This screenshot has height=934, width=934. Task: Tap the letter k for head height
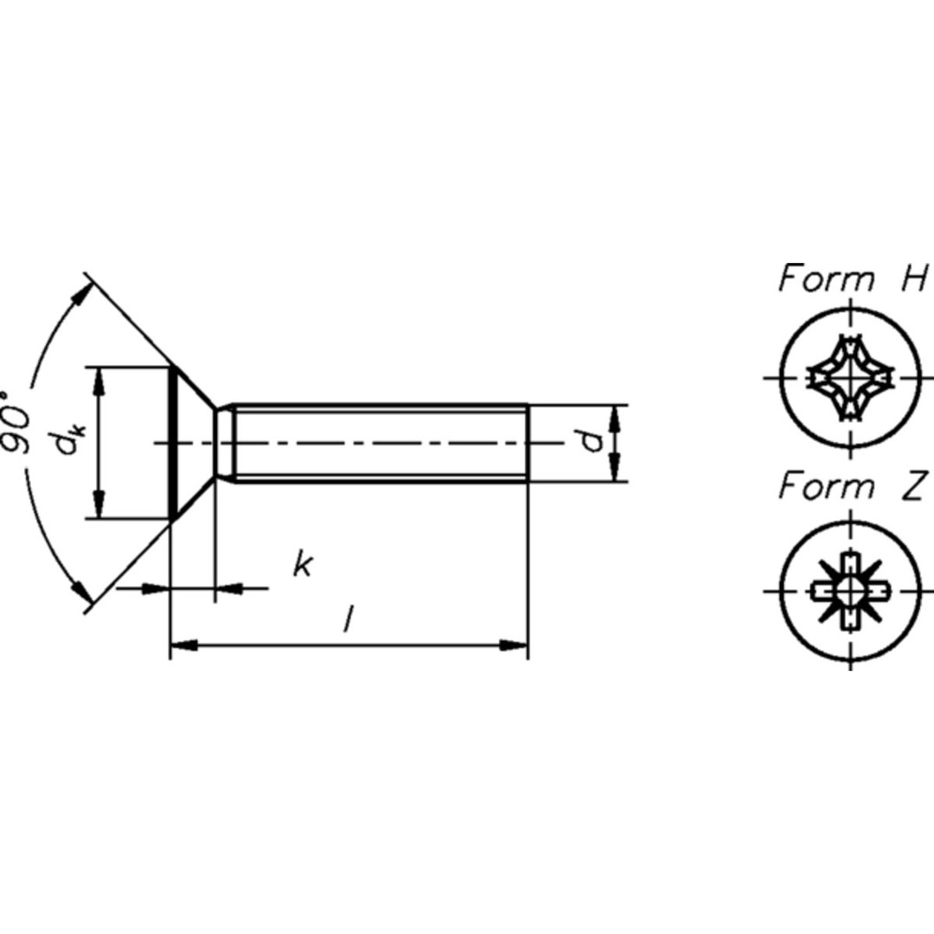pyautogui.click(x=301, y=566)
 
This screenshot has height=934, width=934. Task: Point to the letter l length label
pyautogui.click(x=348, y=619)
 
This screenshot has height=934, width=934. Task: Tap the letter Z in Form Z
pyautogui.click(x=913, y=487)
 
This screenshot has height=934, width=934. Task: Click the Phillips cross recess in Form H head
pyautogui.click(x=850, y=378)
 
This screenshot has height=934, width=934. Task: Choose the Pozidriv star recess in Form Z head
pyautogui.click(x=850, y=592)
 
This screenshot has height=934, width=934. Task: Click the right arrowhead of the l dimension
pyautogui.click(x=515, y=644)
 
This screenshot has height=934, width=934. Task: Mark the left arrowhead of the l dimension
pyautogui.click(x=183, y=644)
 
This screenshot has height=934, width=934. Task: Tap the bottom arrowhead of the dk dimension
pyautogui.click(x=99, y=506)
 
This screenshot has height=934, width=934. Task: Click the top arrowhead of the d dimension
pyautogui.click(x=614, y=417)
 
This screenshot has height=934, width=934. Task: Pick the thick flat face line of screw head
pyautogui.click(x=174, y=443)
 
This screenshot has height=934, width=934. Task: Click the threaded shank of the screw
pyautogui.click(x=381, y=443)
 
